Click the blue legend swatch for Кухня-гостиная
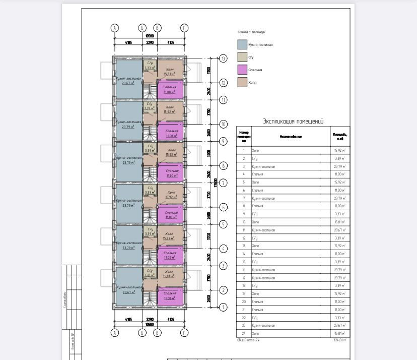242,44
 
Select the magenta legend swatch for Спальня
242,70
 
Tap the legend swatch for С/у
242,57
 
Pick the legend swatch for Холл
242,82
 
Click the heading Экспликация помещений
293,122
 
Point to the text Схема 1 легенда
251,32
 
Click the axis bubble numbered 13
223,58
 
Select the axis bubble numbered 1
223,307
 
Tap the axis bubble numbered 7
223,183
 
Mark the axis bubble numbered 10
223,124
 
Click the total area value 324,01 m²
340,340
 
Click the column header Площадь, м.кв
340,136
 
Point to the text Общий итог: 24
248,340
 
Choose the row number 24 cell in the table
244,333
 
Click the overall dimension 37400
215,183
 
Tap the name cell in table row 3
267,166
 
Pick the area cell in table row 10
340,222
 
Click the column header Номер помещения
244,136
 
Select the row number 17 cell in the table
244,278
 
